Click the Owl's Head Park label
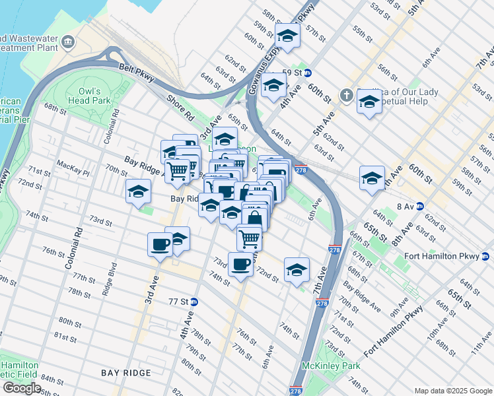coord(88,96)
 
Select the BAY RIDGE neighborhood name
coord(126,373)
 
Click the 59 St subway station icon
coord(308,73)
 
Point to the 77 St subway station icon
coord(194,301)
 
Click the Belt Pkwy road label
coord(137,72)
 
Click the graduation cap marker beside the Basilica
coord(369,102)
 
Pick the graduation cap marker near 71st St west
coord(138,191)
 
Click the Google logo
coord(22,387)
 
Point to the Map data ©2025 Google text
coord(452,391)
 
